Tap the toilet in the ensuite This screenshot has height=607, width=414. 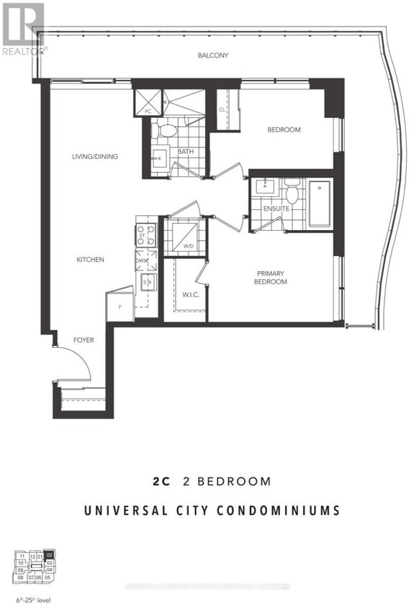(292, 193)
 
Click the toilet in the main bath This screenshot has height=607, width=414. (167, 130)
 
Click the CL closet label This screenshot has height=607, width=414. (222, 109)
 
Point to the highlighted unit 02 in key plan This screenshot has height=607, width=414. (49, 554)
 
